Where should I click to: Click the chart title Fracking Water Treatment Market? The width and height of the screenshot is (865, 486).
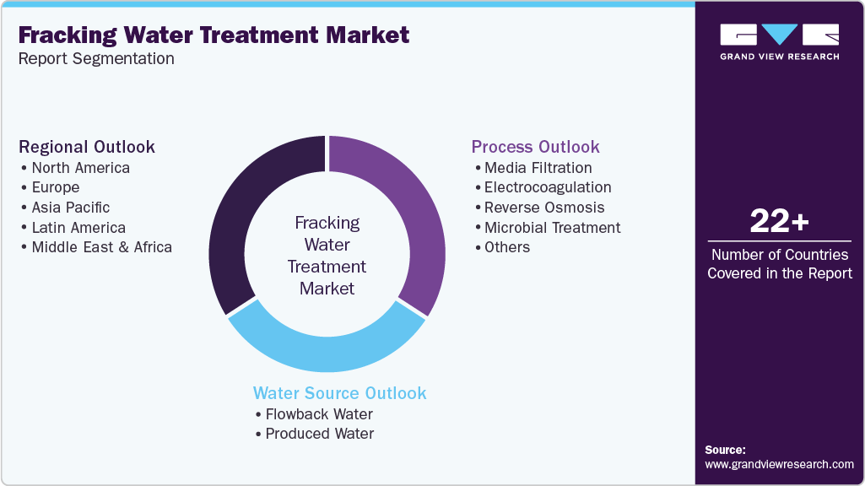click(x=214, y=35)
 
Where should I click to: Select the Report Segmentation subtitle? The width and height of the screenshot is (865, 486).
click(x=96, y=58)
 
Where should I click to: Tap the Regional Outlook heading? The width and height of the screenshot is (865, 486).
click(x=87, y=147)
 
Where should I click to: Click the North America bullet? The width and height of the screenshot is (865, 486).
click(x=80, y=168)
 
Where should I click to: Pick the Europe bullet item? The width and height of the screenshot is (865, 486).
click(x=55, y=187)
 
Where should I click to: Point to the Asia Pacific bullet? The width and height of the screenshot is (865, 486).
click(x=70, y=208)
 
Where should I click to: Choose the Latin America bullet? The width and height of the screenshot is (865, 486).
click(x=78, y=228)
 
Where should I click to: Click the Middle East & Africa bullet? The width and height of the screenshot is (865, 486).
click(x=101, y=247)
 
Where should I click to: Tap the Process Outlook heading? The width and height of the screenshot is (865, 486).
click(x=535, y=147)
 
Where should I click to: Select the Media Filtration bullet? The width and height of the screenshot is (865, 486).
click(x=538, y=168)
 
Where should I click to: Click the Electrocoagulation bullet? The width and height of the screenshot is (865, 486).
click(x=547, y=187)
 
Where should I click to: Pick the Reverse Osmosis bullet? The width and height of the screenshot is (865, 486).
click(x=543, y=208)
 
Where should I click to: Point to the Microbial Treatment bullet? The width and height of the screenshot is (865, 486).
click(x=552, y=228)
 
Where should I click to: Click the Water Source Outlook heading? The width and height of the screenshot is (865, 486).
click(x=340, y=393)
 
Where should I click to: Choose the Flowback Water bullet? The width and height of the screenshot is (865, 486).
click(x=318, y=414)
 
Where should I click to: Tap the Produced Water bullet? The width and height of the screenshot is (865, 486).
click(x=319, y=434)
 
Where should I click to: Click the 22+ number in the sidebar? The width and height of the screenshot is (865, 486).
click(x=779, y=222)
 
